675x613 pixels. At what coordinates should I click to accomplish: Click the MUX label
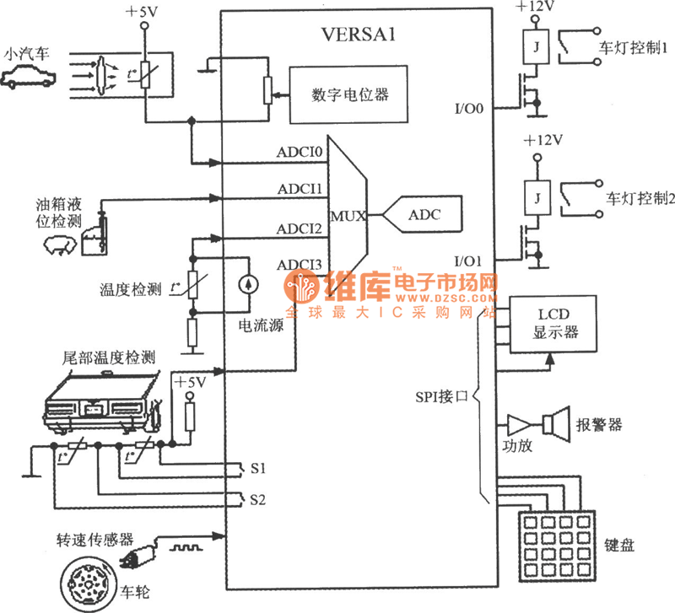coord(348,216)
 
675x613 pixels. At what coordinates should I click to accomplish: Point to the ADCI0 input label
coord(300,153)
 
